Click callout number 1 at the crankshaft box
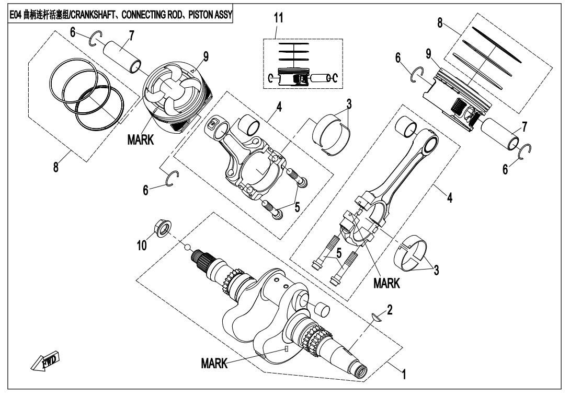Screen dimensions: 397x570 pyautogui.click(x=402, y=374)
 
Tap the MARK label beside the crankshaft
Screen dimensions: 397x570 pyautogui.click(x=214, y=365)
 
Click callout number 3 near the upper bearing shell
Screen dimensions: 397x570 pyautogui.click(x=348, y=103)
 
